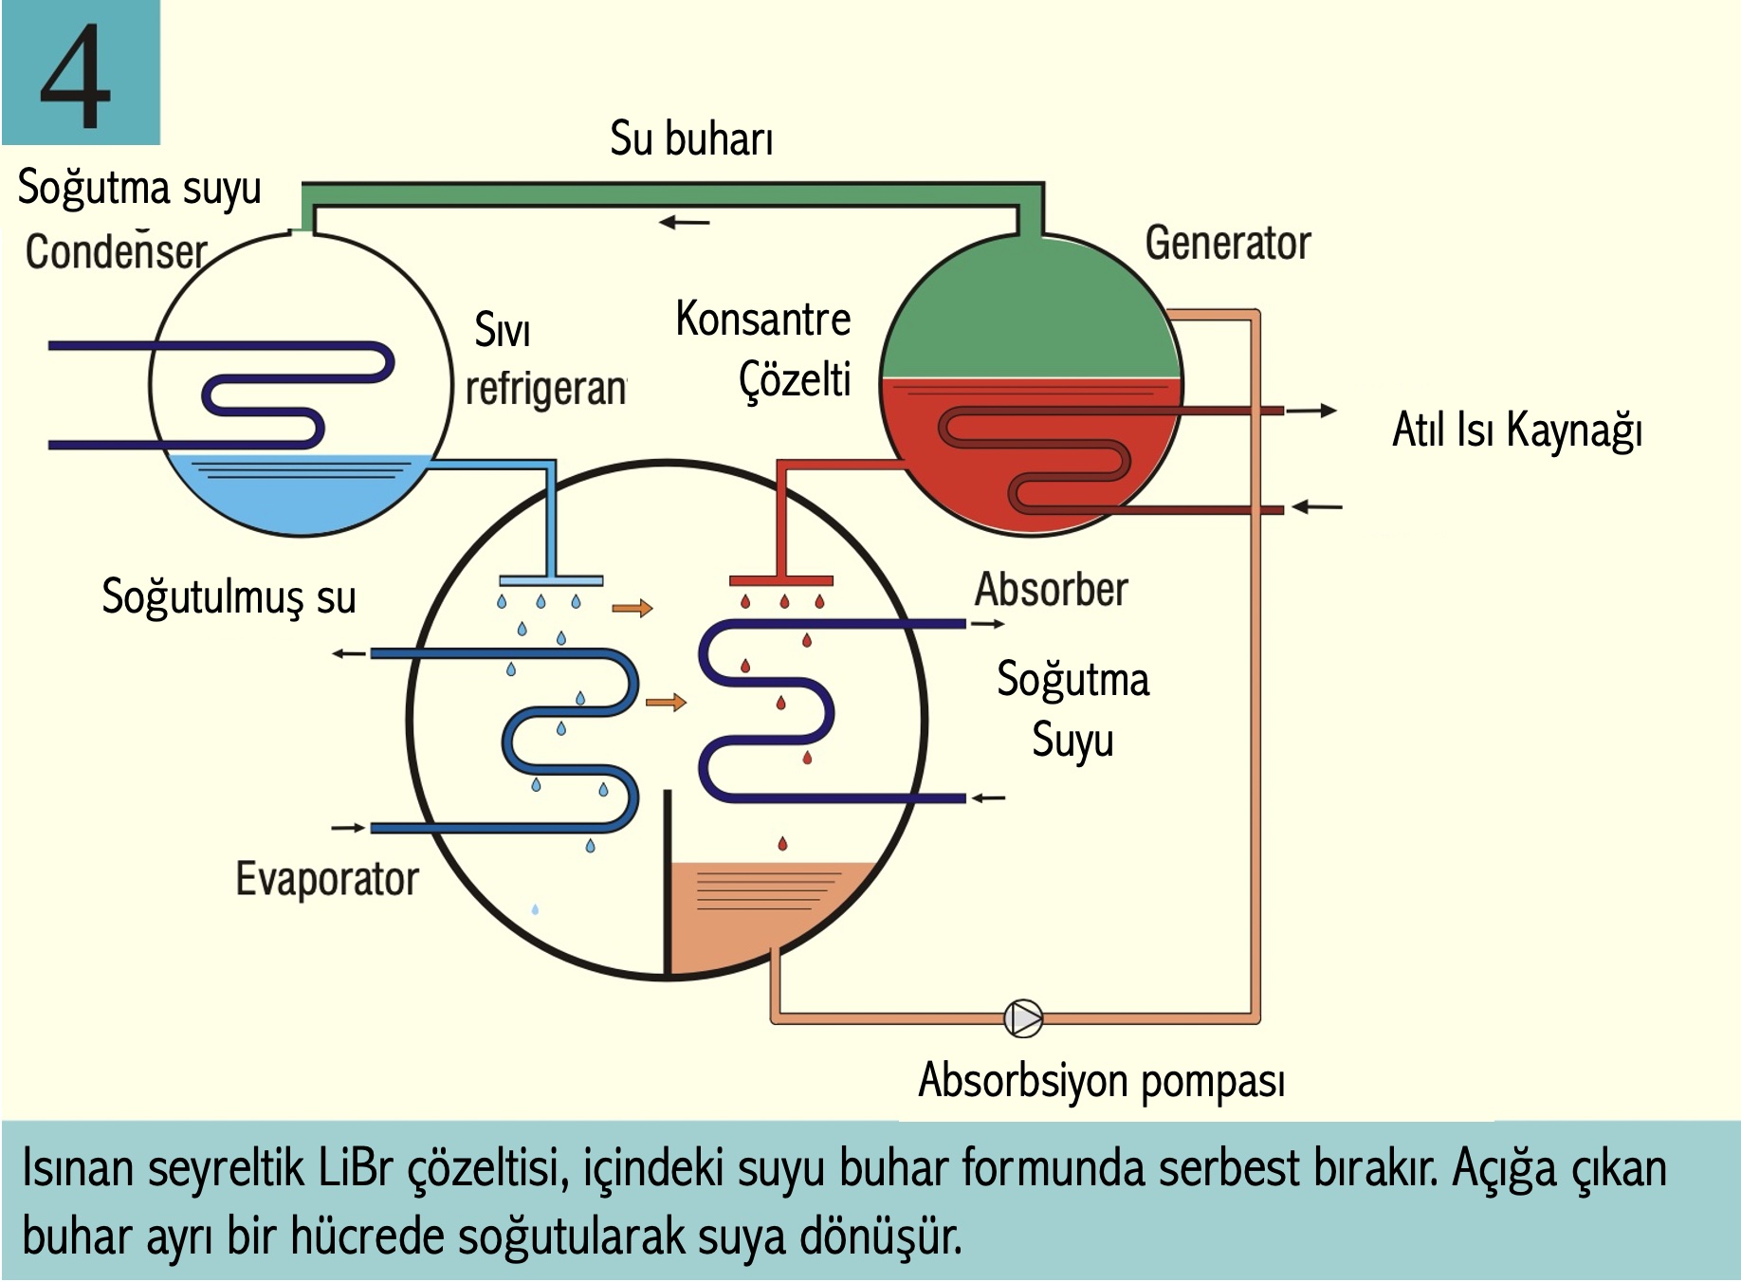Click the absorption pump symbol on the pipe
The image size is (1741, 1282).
[1023, 1018]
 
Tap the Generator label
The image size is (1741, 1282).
[1227, 243]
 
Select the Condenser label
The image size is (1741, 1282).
[116, 251]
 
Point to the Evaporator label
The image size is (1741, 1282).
[327, 879]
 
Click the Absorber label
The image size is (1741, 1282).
[1051, 590]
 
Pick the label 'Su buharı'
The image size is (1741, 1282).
[691, 139]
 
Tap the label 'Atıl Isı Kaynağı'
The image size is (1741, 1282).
[1516, 430]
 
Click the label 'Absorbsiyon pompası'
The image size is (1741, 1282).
[1101, 1081]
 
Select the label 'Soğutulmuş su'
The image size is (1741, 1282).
[229, 597]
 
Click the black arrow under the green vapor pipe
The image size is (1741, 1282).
[684, 223]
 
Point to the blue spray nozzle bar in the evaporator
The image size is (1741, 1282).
[551, 580]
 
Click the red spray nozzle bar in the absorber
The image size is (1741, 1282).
[780, 580]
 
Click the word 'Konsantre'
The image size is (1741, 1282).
[762, 320]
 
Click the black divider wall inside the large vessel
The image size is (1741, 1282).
[668, 882]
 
